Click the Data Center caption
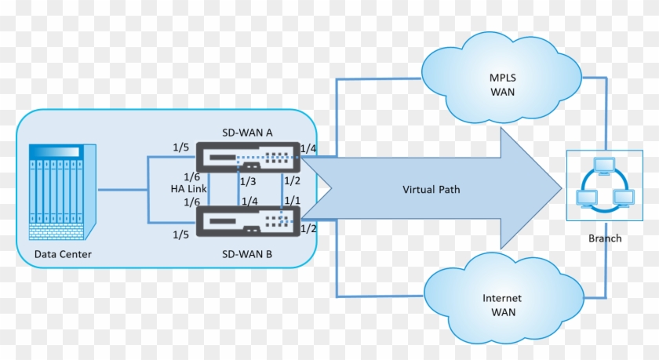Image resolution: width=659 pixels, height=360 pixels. tap(63, 254)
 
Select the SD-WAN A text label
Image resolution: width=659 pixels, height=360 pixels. tap(246, 133)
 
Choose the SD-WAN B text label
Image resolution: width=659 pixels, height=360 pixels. tap(246, 254)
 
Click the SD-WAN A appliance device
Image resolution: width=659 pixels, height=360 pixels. tap(246, 158)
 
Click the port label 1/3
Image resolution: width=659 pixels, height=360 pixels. tap(248, 182)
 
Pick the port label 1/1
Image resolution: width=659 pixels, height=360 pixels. tap(292, 201)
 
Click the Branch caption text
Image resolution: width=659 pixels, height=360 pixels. tap(604, 238)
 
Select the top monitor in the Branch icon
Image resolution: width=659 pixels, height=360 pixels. tap(604, 165)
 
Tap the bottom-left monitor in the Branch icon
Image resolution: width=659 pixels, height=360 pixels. tap(585, 198)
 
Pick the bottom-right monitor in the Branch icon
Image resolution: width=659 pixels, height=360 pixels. tap(624, 198)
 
